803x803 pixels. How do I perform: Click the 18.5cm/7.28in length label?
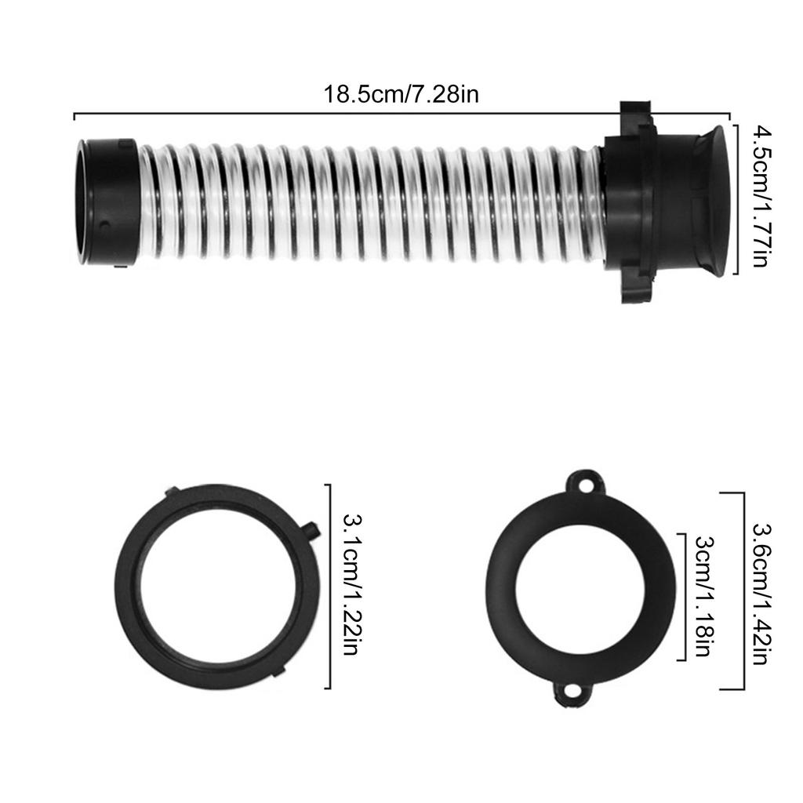coord(401,95)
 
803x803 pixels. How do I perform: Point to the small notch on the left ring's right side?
coord(311,531)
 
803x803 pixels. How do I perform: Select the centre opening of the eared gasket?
coord(580,587)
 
